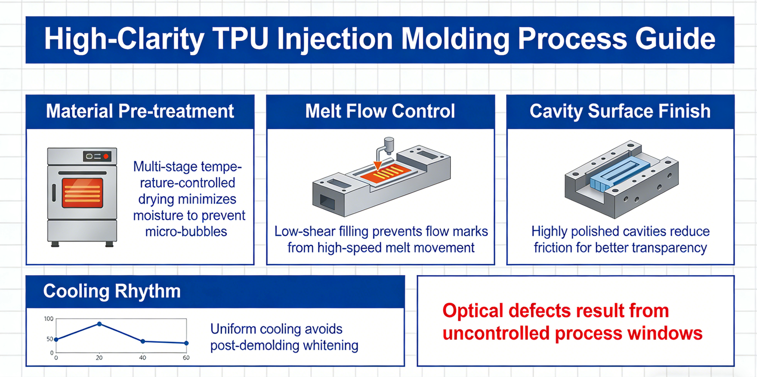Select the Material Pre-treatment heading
[x=140, y=111]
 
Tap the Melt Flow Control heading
[x=380, y=111]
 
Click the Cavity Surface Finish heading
[x=620, y=111]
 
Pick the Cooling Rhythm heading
[x=112, y=291]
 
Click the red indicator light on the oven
[x=106, y=156]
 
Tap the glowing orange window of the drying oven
[x=82, y=193]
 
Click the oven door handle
[x=54, y=193]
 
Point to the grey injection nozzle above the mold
[x=388, y=144]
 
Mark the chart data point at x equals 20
[x=99, y=324]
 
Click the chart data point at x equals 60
[x=186, y=343]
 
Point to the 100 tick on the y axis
[x=49, y=319]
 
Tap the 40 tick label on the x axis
[x=142, y=358]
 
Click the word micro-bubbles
[x=186, y=232]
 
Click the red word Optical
[x=473, y=311]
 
